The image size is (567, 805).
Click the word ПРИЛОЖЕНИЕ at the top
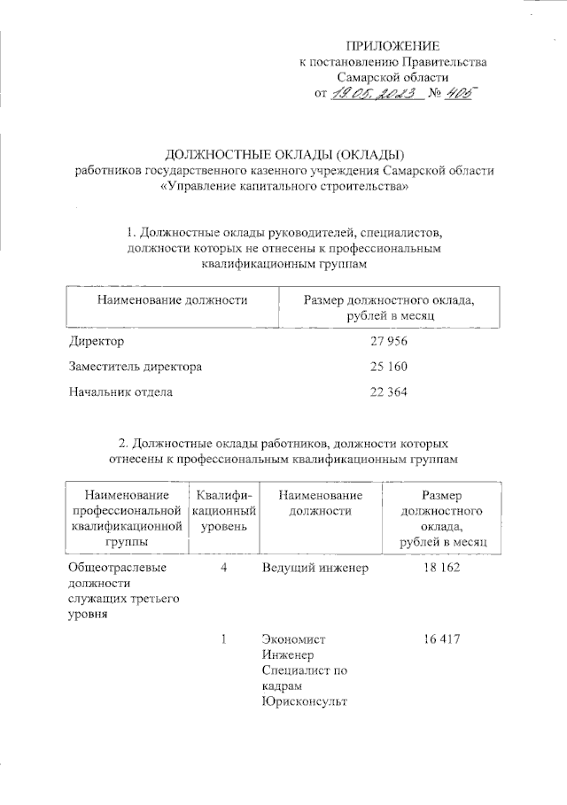(x=392, y=45)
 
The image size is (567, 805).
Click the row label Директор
(x=97, y=341)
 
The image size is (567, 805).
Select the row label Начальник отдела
(x=120, y=391)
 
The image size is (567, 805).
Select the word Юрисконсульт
(x=304, y=702)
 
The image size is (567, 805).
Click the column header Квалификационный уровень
(x=225, y=511)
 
